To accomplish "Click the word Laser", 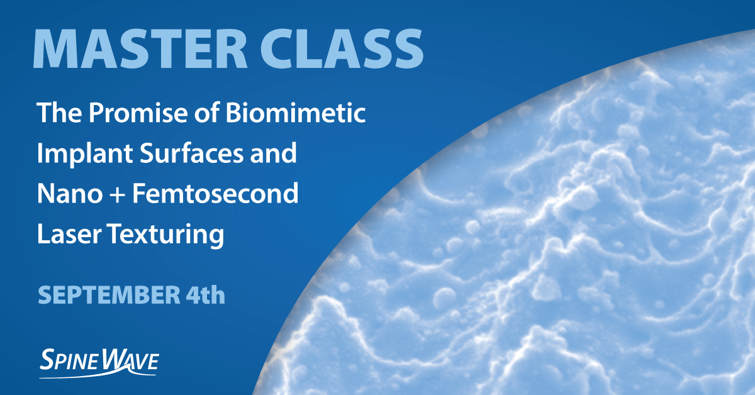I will tap(69, 235).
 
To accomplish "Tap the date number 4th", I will tap(203, 294).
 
